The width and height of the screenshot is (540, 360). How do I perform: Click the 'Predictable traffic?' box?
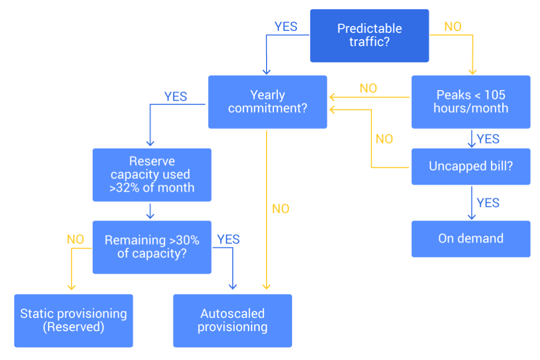(x=369, y=35)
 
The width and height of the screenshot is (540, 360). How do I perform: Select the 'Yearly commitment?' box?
(x=267, y=102)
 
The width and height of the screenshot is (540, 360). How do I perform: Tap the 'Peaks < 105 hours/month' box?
(x=470, y=102)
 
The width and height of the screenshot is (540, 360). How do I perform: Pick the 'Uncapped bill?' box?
(x=470, y=166)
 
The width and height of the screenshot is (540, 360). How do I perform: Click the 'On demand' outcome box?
(x=470, y=239)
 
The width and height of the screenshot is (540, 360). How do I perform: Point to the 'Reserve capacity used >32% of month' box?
(x=152, y=175)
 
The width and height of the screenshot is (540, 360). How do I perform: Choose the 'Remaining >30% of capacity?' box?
(x=152, y=247)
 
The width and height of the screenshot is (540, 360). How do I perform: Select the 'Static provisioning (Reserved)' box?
(x=73, y=320)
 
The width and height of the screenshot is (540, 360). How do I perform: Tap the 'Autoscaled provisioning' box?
(x=232, y=320)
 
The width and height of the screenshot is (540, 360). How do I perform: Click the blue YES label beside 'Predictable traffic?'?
(x=286, y=26)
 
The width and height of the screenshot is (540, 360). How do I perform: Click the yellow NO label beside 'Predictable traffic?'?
(x=453, y=26)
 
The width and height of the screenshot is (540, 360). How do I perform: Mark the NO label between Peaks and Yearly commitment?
(x=368, y=88)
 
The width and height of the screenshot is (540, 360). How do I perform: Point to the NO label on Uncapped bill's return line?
(x=384, y=139)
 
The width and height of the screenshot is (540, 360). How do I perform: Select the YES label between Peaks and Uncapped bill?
(x=488, y=139)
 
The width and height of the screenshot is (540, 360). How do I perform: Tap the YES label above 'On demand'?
(x=488, y=203)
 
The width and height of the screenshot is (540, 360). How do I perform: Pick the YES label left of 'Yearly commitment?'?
(x=176, y=97)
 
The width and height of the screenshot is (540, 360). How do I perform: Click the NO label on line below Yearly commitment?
(x=280, y=209)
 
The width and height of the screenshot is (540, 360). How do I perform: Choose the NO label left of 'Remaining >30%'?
(x=75, y=240)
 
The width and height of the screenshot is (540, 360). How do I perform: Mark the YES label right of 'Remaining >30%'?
(x=229, y=240)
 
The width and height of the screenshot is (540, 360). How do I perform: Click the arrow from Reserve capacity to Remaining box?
(x=151, y=211)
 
